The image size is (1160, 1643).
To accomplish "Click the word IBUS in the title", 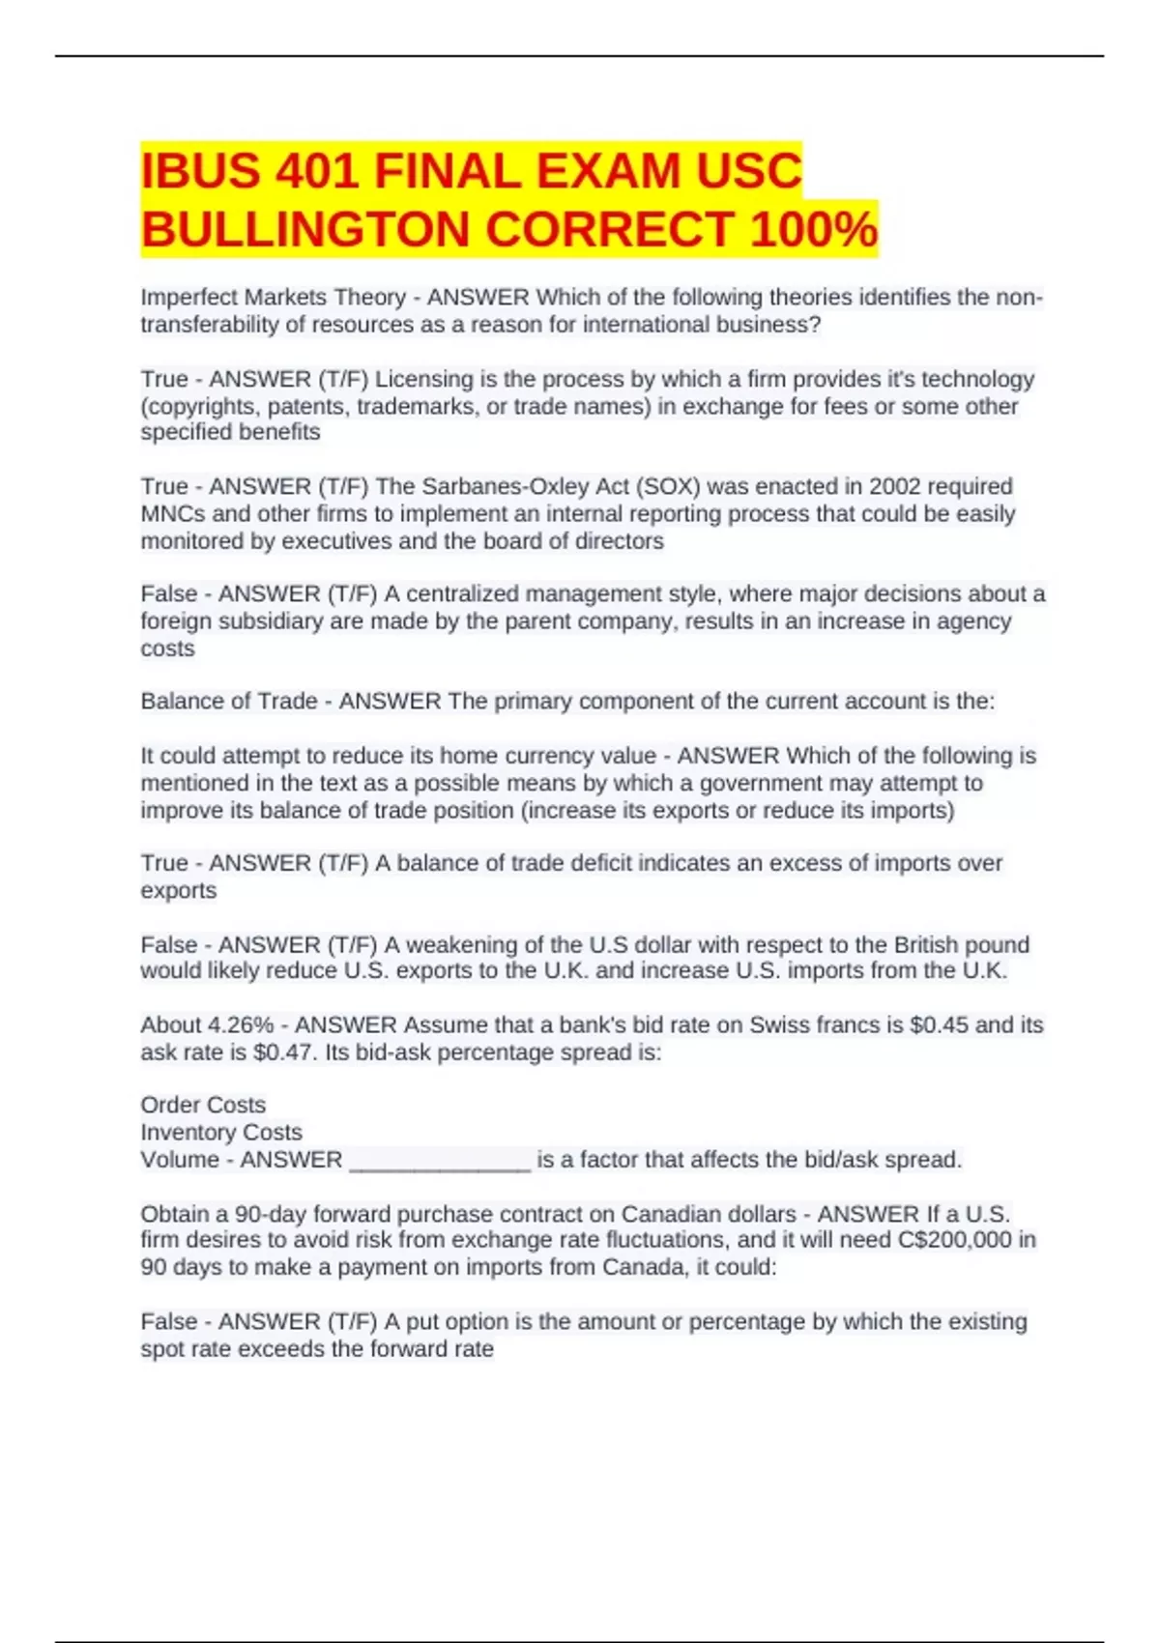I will point(201,172).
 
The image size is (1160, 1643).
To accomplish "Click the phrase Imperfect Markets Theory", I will point(274,298).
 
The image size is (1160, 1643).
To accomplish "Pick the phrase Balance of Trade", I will point(229,701).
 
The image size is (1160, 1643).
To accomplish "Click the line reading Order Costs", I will point(203,1105).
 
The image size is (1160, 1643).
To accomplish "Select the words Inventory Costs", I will point(221,1132).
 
